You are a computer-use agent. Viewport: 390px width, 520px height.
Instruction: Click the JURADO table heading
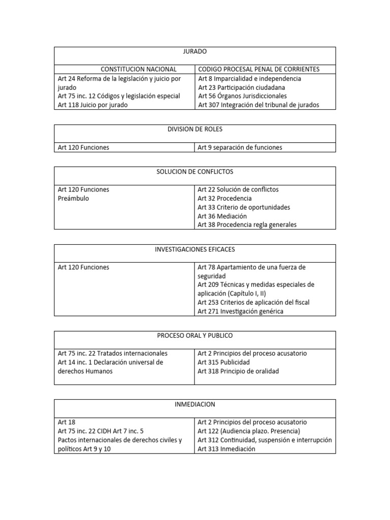click(195, 51)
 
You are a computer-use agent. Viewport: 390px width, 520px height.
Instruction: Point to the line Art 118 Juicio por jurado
click(92, 105)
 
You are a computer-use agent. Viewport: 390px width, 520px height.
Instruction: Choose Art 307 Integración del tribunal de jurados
click(258, 105)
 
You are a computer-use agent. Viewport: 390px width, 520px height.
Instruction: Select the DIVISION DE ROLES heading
click(195, 129)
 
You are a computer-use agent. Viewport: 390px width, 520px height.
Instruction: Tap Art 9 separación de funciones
click(240, 147)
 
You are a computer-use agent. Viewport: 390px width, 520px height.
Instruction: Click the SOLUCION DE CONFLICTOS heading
click(195, 172)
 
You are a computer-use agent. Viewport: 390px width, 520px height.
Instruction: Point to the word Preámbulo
click(74, 199)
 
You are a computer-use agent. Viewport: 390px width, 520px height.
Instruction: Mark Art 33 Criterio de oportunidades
click(244, 207)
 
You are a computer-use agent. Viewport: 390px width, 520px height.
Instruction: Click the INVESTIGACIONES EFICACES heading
click(195, 249)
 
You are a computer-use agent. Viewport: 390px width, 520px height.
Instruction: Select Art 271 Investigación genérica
click(240, 311)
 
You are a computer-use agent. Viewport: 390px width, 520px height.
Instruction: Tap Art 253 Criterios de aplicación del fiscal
click(253, 302)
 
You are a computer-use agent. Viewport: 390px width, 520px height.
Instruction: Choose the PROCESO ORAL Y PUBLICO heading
click(195, 336)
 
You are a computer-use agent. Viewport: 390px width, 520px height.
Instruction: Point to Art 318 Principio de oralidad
click(238, 371)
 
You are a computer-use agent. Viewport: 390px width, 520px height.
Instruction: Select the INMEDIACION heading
click(195, 404)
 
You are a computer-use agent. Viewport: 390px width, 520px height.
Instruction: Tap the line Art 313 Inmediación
click(226, 449)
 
